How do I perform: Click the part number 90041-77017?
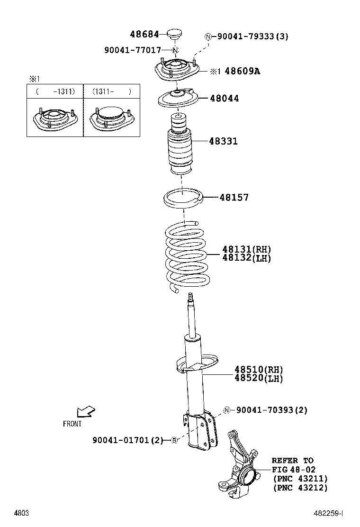tap(133, 50)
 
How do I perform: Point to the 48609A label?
tap(242, 71)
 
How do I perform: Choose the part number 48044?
tap(225, 99)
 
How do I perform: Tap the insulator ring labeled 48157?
tap(183, 199)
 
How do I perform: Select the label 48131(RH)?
tap(247, 249)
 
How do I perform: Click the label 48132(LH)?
tap(247, 258)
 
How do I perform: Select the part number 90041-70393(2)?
tap(271, 410)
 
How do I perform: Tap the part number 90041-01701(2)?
tap(127, 440)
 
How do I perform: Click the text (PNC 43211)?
tap(300, 479)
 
